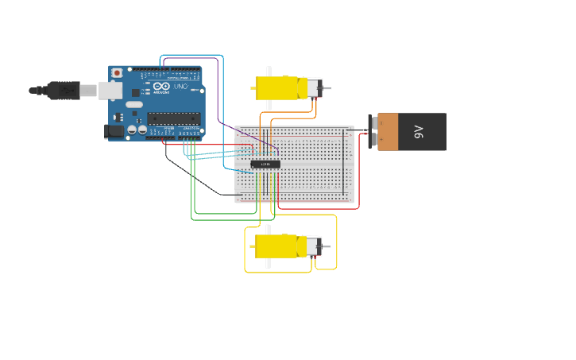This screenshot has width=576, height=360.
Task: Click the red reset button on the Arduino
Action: tap(117, 72)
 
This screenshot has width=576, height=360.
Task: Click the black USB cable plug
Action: tap(64, 91)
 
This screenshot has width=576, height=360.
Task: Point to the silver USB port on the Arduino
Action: tap(110, 91)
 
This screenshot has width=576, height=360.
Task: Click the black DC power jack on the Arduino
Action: tap(114, 130)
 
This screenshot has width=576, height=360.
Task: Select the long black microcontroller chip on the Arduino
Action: tap(172, 118)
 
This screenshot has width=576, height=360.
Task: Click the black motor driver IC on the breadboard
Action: tap(265, 165)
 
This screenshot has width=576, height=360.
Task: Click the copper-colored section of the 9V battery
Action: tap(388, 132)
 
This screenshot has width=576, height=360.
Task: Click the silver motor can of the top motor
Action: tap(314, 87)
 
